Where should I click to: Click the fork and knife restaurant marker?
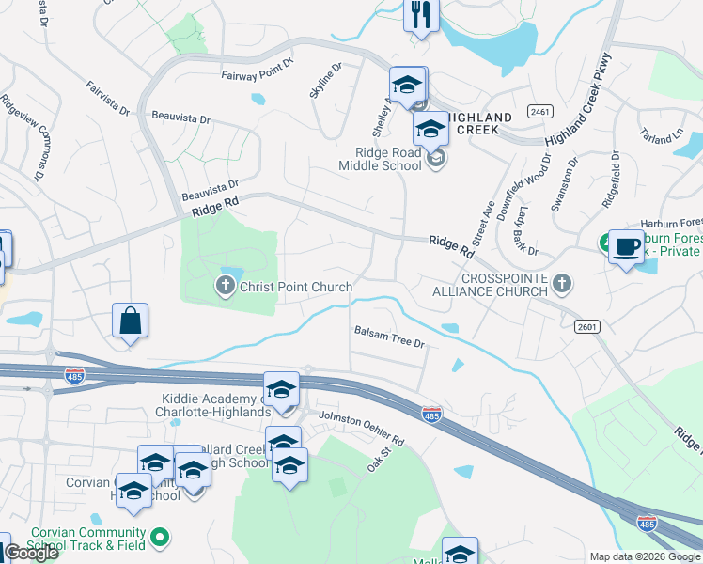pyautogui.click(x=420, y=15)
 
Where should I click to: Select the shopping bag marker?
pyautogui.click(x=131, y=321)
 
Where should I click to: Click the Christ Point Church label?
pyautogui.click(x=296, y=287)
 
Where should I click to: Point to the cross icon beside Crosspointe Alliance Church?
pyautogui.click(x=561, y=283)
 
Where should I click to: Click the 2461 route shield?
pyautogui.click(x=539, y=111)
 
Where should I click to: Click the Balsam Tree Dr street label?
pyautogui.click(x=389, y=337)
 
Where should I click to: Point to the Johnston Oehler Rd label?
pyautogui.click(x=361, y=428)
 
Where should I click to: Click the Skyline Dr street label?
pyautogui.click(x=325, y=80)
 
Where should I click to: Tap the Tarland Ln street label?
pyautogui.click(x=661, y=136)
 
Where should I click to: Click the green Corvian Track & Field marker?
pyautogui.click(x=161, y=537)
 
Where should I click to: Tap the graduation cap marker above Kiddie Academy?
pyautogui.click(x=281, y=388)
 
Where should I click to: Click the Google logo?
pyautogui.click(x=31, y=553)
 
